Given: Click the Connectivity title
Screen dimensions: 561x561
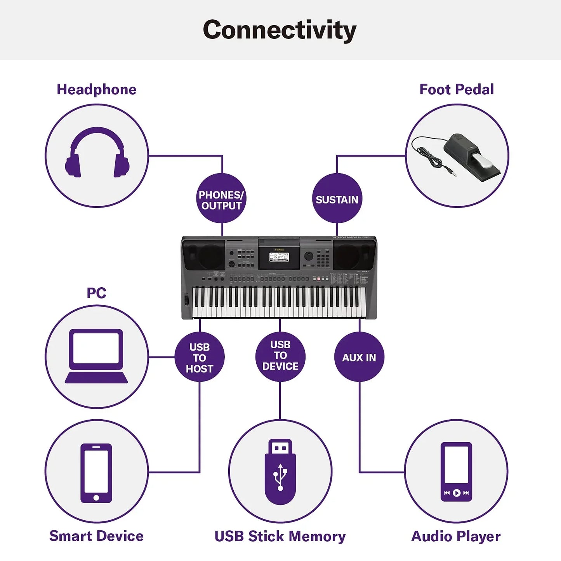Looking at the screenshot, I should tap(280, 30).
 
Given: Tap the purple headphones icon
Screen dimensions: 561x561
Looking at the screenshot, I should tap(97, 153).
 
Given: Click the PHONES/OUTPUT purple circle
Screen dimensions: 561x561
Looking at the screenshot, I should tap(221, 199).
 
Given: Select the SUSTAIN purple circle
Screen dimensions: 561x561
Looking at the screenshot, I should tap(337, 199).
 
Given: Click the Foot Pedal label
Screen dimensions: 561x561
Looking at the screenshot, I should tap(457, 90).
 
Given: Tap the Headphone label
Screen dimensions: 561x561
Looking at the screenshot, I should tap(96, 90).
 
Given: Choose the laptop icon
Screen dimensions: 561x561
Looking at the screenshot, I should tap(96, 355).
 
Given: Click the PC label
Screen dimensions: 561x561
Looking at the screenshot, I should tap(96, 293).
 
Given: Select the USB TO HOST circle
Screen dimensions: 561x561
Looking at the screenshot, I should tap(200, 357).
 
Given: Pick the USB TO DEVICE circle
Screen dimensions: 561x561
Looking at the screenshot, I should tap(280, 356).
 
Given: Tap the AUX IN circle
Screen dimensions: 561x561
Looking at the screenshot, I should tap(359, 357).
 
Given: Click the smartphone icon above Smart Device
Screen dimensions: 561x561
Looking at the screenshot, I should tap(96, 473).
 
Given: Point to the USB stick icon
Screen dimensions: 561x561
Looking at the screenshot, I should tap(280, 472).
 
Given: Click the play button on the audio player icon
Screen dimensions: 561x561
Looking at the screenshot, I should tap(457, 493).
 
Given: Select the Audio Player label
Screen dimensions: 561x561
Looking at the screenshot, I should tap(456, 537).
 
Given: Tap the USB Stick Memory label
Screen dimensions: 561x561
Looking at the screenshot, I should tap(280, 537).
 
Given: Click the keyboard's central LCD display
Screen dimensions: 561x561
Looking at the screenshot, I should tap(279, 257).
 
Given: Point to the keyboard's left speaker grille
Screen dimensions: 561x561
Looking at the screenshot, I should tap(204, 255).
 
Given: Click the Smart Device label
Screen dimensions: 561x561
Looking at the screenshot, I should tap(96, 536).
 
